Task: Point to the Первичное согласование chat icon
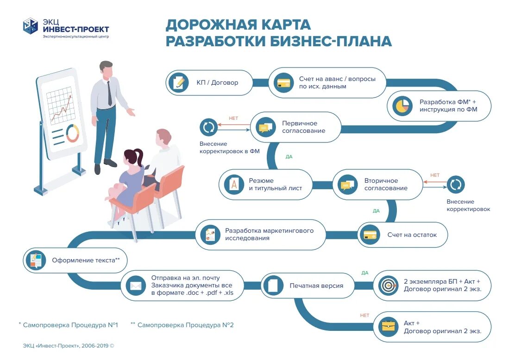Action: [x=264, y=127]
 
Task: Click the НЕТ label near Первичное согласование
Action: [x=233, y=118]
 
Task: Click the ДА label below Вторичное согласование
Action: [x=376, y=211]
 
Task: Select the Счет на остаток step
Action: [x=402, y=235]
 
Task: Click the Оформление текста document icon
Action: [x=36, y=261]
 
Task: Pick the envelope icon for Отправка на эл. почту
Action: [x=136, y=286]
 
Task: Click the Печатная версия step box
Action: [x=307, y=286]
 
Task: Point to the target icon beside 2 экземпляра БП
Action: [x=388, y=286]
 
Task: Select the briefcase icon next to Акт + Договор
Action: [x=388, y=327]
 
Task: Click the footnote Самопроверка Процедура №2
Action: [x=185, y=325]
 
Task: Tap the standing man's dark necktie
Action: [x=109, y=93]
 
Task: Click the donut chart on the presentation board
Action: [x=73, y=133]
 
